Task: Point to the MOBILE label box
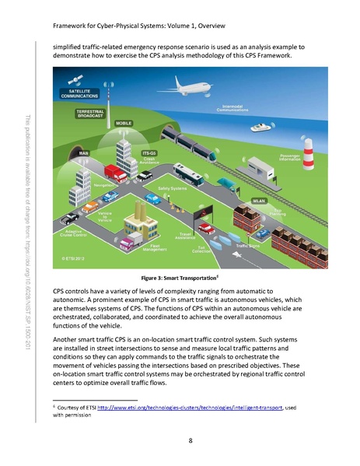[123, 123]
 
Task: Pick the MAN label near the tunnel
[83, 153]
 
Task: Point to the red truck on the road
[115, 173]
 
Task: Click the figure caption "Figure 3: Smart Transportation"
[180, 277]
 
